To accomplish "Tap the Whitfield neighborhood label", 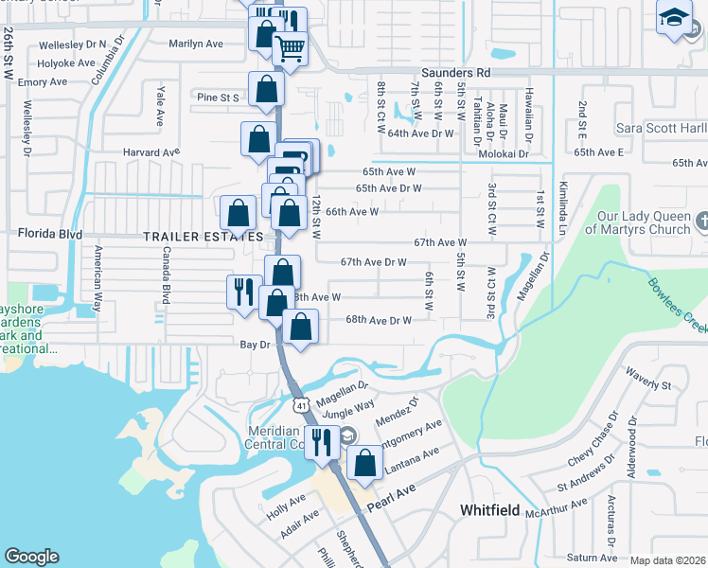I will click(x=489, y=510).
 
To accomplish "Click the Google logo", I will click(x=31, y=557).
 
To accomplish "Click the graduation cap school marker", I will click(x=675, y=18).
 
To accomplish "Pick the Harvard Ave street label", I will click(x=150, y=151).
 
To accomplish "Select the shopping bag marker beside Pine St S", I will click(x=267, y=89).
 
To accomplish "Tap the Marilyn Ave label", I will click(x=196, y=44).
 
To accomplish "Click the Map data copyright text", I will click(x=667, y=560).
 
